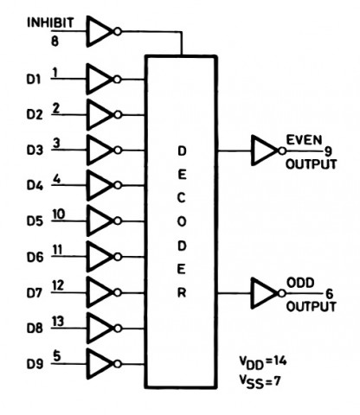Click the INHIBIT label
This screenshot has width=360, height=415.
(50, 22)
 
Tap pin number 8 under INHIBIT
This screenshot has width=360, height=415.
(55, 41)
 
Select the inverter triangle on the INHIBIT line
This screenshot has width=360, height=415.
(100, 31)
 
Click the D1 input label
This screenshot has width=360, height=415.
(35, 79)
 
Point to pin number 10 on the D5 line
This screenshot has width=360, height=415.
(59, 214)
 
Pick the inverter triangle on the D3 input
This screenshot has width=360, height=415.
(100, 150)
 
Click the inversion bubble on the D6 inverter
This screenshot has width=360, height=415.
(118, 257)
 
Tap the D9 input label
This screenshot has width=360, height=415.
(35, 364)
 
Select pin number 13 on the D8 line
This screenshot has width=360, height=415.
(58, 321)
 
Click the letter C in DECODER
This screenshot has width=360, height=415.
(181, 198)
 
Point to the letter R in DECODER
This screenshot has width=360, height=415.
(182, 293)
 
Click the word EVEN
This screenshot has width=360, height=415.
(304, 140)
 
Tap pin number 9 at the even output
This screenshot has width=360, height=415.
(328, 151)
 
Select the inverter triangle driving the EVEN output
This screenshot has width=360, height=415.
(265, 150)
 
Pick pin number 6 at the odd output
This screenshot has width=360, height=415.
(329, 294)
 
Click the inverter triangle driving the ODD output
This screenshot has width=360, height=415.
(265, 293)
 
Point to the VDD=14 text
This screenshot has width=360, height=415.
(263, 362)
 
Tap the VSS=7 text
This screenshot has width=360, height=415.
(260, 382)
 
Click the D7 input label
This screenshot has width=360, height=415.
(35, 293)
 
